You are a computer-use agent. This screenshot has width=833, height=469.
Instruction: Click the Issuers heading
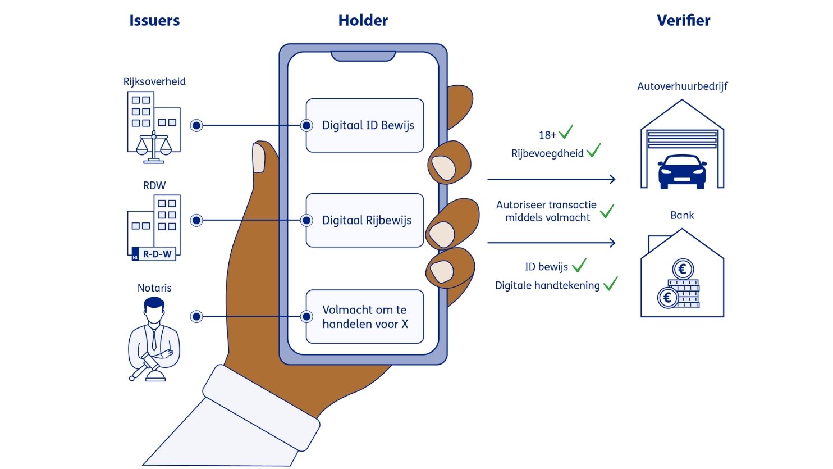(154, 21)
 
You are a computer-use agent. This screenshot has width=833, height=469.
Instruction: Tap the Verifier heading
(683, 21)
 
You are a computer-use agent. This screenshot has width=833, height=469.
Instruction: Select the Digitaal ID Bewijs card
(365, 125)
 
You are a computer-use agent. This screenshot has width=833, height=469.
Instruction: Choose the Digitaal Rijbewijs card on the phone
(365, 220)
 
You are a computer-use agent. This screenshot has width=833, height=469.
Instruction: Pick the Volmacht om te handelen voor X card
(365, 317)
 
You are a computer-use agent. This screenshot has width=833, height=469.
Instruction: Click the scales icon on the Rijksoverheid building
(154, 147)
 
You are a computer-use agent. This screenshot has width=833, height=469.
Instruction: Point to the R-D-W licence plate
(154, 254)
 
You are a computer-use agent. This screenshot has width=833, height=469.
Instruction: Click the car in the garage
(682, 171)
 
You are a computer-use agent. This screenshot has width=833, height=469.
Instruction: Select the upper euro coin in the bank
(683, 269)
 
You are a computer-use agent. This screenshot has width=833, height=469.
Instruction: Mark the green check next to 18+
(566, 132)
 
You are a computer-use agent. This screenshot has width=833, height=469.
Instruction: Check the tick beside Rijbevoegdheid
(593, 151)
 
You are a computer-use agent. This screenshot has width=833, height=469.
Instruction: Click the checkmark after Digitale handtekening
(610, 284)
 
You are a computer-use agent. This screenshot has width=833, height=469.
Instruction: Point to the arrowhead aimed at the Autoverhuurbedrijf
(613, 179)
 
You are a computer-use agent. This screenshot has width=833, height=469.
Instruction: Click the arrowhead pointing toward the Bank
(613, 243)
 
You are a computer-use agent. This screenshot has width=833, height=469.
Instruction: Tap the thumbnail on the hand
(259, 158)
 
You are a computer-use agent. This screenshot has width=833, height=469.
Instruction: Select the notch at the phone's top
(363, 56)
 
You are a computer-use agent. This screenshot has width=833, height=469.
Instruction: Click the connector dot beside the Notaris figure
(196, 317)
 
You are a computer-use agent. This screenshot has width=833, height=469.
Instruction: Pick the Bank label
(682, 215)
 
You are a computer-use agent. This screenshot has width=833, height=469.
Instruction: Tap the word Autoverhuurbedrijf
(682, 86)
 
